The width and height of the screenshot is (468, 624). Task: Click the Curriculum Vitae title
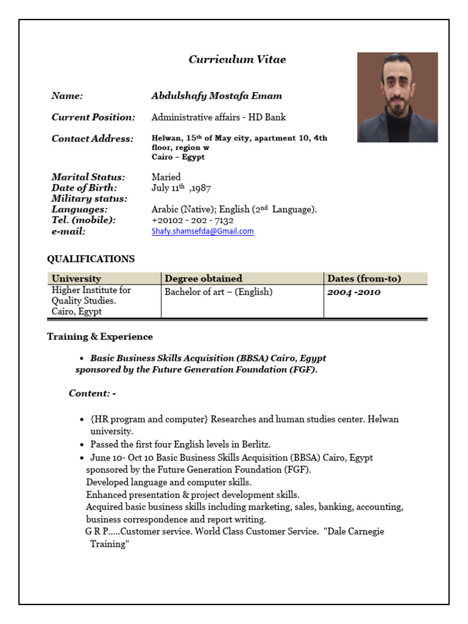[237, 60]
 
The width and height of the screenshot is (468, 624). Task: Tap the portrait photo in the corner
[397, 97]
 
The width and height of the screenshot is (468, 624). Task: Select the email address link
[202, 232]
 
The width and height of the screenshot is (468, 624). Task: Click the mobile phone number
[193, 221]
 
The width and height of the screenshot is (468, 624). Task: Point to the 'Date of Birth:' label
[84, 188]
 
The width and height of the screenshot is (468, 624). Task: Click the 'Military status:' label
[90, 199]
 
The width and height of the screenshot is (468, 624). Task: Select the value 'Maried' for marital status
[166, 177]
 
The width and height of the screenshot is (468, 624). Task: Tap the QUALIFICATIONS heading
[91, 259]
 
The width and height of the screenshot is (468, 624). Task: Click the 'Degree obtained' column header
[204, 278]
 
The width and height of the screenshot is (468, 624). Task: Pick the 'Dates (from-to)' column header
[364, 278]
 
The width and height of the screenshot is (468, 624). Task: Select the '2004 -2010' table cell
[354, 292]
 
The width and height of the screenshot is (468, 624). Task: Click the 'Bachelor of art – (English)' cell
[219, 292]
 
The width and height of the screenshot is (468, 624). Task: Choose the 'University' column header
[77, 278]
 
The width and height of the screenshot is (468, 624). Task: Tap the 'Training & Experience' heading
[100, 337]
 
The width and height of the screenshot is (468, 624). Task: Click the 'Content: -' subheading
[92, 394]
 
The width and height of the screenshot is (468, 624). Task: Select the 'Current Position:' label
[93, 117]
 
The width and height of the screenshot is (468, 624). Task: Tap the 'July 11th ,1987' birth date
[182, 188]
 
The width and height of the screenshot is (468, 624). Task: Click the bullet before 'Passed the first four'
[82, 445]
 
